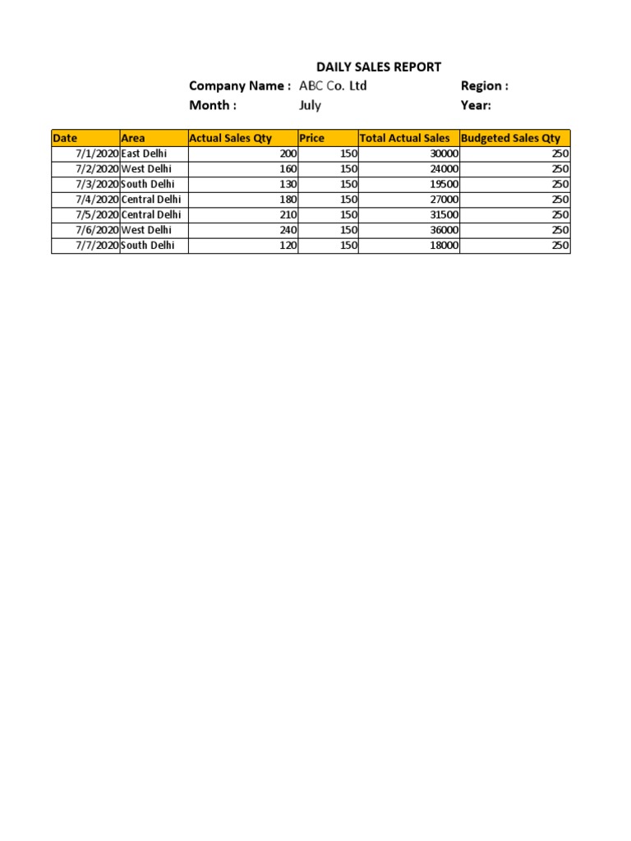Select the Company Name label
(x=240, y=86)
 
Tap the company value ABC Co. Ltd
(x=333, y=86)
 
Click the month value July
(x=310, y=105)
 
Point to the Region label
(x=485, y=86)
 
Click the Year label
(x=476, y=105)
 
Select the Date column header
(x=65, y=138)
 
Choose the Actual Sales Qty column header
(x=231, y=138)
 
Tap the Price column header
(x=312, y=138)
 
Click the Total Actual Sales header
(x=405, y=138)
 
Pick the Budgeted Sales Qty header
(x=511, y=138)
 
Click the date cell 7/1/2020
(x=97, y=154)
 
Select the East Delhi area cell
(x=144, y=154)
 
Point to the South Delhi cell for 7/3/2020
(x=148, y=184)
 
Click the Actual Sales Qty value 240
(x=288, y=230)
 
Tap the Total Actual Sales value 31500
(x=444, y=214)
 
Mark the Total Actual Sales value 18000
(x=444, y=246)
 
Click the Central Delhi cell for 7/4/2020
(x=151, y=200)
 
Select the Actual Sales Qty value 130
(x=288, y=184)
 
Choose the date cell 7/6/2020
(x=97, y=230)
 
